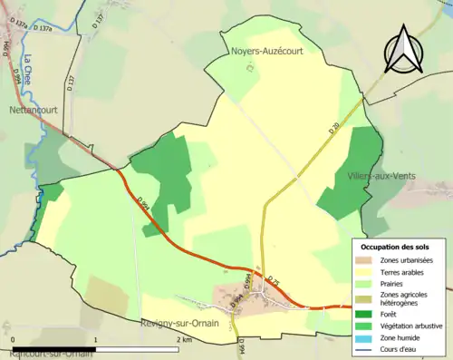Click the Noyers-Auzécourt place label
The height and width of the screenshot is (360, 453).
point(266,52)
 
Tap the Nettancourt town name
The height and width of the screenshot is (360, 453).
point(34,111)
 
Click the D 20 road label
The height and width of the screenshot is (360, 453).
point(333,132)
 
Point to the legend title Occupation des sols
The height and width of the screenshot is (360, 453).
point(395,247)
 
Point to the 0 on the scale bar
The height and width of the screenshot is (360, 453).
point(14,339)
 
